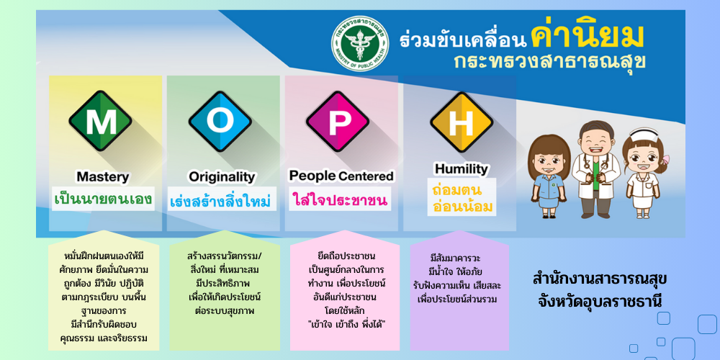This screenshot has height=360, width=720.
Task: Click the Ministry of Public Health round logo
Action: [360, 43]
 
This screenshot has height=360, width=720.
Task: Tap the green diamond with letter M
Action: [101, 121]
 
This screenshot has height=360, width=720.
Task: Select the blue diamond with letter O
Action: [220, 121]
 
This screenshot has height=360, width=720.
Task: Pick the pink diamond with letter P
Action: [338, 121]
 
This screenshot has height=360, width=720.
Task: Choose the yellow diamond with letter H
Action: [462, 122]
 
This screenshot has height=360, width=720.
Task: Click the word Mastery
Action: [103, 177]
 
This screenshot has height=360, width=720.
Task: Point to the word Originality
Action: [222, 177]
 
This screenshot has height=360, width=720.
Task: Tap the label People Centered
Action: [341, 176]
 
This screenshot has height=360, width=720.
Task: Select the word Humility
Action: [462, 169]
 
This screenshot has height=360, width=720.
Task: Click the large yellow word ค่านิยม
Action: [587, 37]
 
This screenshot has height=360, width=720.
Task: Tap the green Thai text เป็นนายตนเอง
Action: [103, 199]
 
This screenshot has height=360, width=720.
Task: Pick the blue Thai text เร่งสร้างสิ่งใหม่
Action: [220, 201]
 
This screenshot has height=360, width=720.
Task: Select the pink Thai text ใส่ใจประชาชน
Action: [340, 200]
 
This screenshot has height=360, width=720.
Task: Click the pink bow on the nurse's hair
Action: [665, 160]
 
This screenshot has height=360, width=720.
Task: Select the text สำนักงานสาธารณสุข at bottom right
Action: [600, 279]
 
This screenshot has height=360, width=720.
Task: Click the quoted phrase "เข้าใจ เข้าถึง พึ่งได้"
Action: [346, 325]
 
